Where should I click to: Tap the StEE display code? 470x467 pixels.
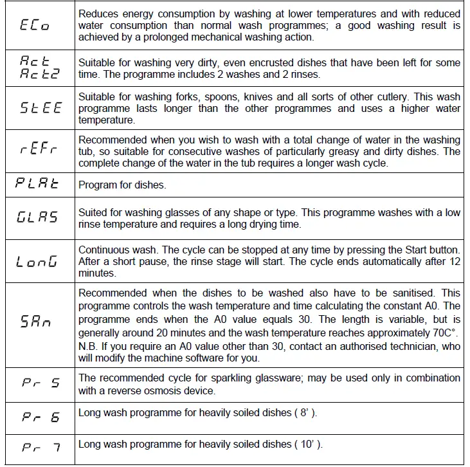pyautogui.click(x=39, y=109)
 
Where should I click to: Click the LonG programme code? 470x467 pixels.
pyautogui.click(x=37, y=262)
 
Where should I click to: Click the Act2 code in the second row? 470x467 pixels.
pyautogui.click(x=39, y=73)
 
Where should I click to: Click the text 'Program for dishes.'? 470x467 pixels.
pyautogui.click(x=122, y=185)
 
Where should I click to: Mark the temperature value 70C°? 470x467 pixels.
pyautogui.click(x=440, y=333)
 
